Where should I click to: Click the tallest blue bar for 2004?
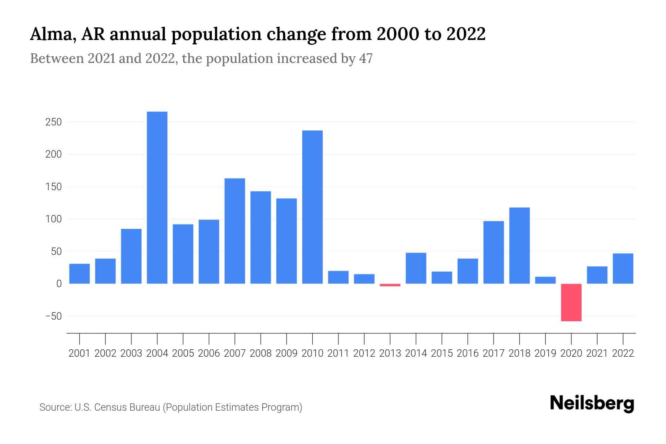point(157,198)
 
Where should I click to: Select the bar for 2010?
point(312,207)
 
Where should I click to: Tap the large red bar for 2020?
point(571,302)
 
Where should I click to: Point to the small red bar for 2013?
point(390,285)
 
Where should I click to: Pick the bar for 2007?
point(235,231)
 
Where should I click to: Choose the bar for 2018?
point(519,246)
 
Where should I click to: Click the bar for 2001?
point(80,274)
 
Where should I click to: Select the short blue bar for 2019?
point(545,280)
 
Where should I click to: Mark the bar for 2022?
point(623,269)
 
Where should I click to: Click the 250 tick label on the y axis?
point(53,122)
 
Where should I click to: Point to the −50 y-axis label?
point(53,316)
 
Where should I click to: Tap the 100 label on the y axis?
point(53,219)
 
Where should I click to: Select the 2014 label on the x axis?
point(416,353)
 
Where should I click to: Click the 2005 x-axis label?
point(183,353)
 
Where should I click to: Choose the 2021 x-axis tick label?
point(597,353)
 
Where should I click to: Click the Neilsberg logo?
point(592,404)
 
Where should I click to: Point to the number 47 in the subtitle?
point(366,58)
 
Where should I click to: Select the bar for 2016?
point(468,271)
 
